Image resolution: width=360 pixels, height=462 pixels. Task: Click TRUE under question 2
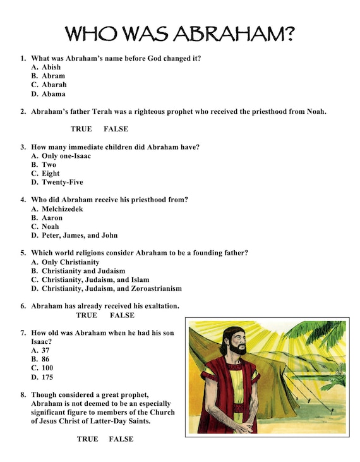[81, 129]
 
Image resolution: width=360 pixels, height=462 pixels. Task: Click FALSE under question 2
[116, 129]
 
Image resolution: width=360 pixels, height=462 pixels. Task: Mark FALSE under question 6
[122, 315]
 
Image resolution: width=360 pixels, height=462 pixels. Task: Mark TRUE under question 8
[88, 439]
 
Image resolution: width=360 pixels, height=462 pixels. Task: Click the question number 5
[23, 253]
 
